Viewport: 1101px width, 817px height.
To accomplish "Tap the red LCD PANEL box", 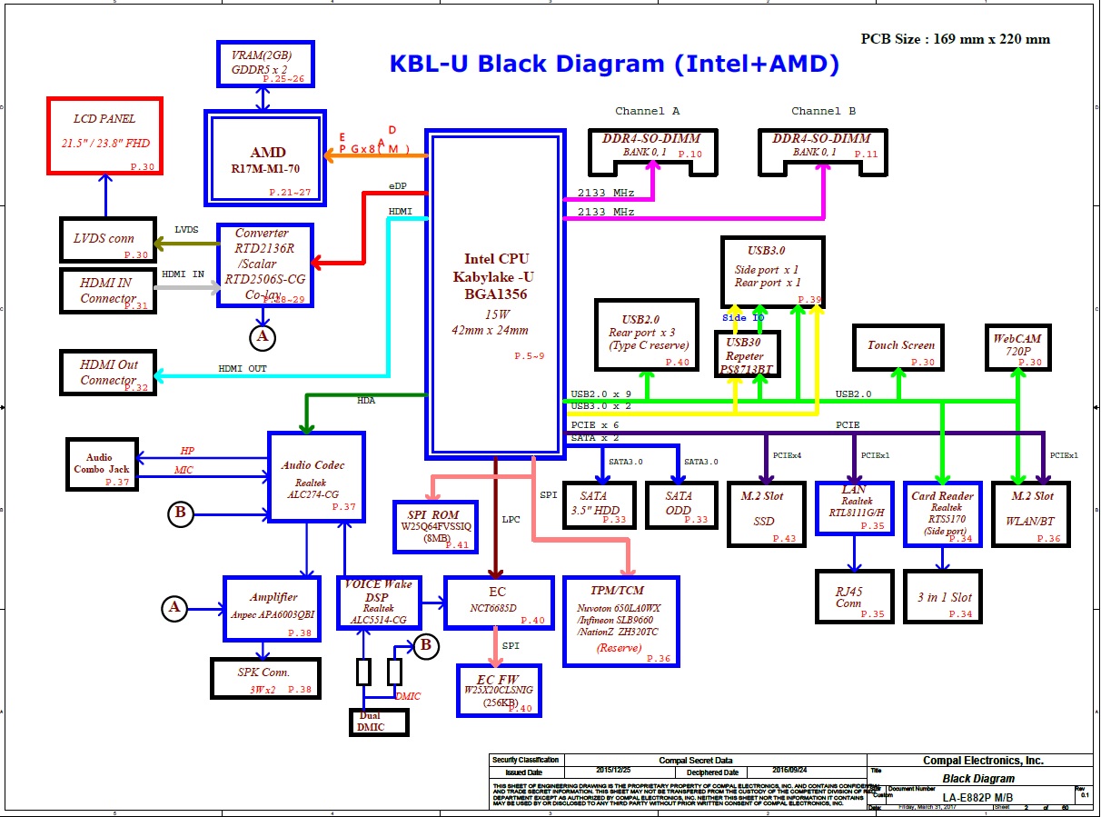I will click(104, 136).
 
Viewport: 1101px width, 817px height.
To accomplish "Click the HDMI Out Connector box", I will click(108, 373).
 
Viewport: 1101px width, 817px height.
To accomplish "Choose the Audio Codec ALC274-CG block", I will click(316, 477).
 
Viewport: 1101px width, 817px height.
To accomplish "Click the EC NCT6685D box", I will click(497, 602).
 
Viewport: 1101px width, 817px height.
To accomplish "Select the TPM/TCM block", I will click(620, 620).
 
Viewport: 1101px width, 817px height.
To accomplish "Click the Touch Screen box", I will click(899, 346).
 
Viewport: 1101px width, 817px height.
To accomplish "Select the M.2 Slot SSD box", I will click(768, 514).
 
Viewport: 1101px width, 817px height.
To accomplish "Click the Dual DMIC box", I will click(379, 722).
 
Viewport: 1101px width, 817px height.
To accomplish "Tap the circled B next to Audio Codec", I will click(181, 514).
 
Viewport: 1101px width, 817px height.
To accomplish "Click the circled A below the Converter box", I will click(263, 337).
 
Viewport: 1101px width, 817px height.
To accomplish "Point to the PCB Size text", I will click(955, 39).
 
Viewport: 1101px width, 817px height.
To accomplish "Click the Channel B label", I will click(823, 111).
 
